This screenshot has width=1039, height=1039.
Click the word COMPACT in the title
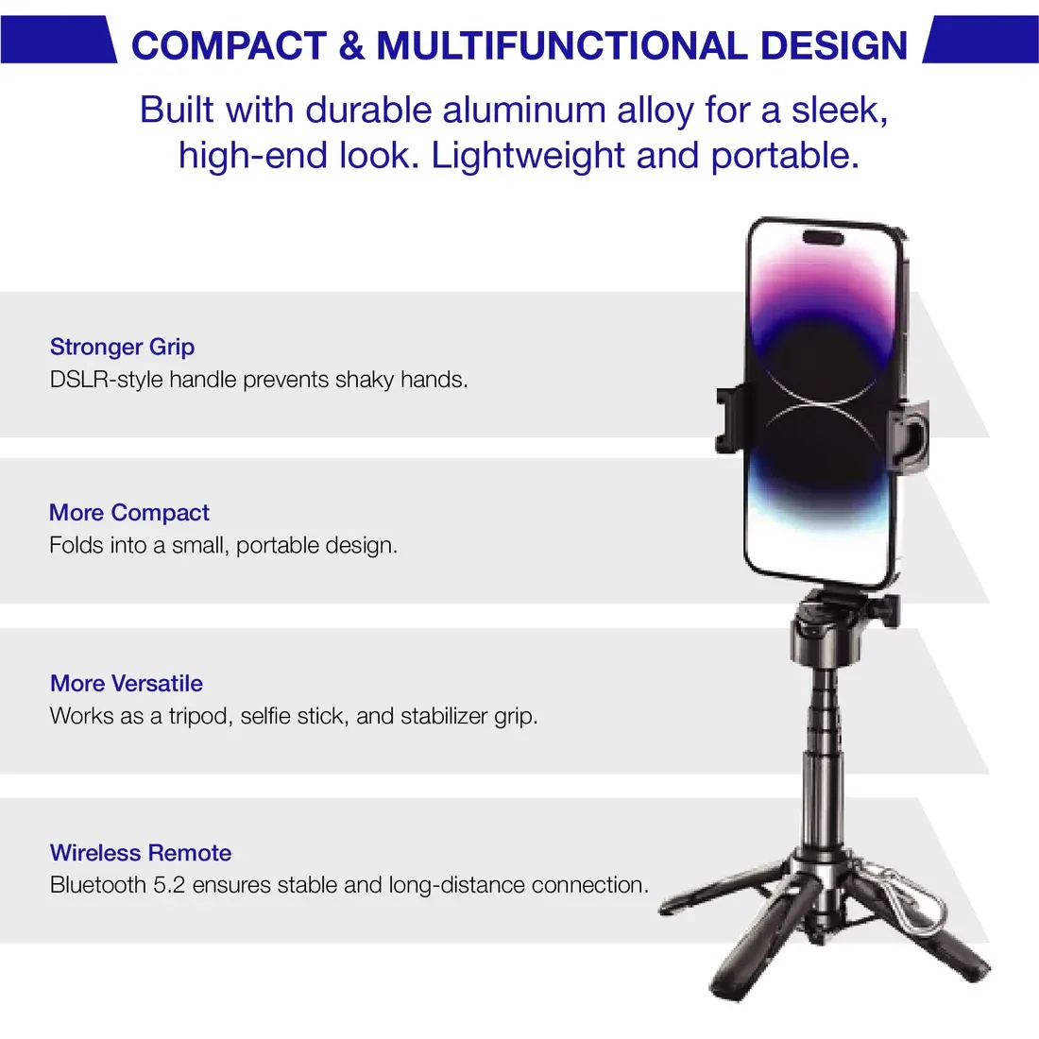click(x=229, y=45)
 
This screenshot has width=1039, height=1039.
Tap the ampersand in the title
click(x=351, y=45)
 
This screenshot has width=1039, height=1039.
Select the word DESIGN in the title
click(x=834, y=45)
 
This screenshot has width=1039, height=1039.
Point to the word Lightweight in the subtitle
click(x=528, y=157)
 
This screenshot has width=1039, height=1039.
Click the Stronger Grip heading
click(x=122, y=347)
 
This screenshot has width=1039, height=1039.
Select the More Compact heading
click(x=129, y=512)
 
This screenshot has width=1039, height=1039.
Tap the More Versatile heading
click(x=127, y=683)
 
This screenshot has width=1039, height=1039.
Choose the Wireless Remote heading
click(x=141, y=853)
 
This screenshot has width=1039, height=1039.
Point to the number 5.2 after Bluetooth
click(x=169, y=885)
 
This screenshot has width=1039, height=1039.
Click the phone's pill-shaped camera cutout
click(x=823, y=238)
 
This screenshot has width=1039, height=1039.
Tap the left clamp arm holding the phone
click(x=730, y=418)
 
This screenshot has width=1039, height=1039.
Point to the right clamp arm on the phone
click(x=909, y=435)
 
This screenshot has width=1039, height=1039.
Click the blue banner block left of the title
click(x=59, y=40)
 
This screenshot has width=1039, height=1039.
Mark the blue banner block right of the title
click(x=980, y=40)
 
